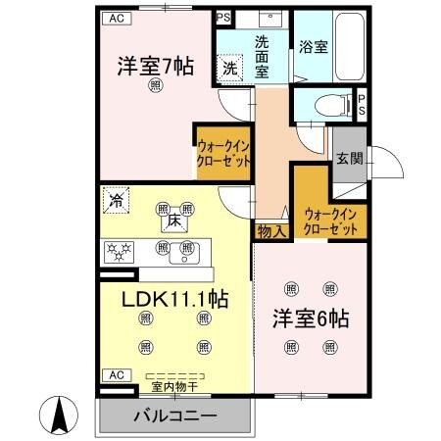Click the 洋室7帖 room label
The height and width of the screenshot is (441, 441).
(x=155, y=68)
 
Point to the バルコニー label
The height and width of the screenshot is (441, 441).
(x=174, y=416)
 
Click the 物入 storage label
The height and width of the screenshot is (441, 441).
(x=272, y=231)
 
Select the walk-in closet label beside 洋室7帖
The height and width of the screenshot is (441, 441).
(x=222, y=154)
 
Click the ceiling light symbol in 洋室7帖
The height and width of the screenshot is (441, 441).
(x=155, y=87)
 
